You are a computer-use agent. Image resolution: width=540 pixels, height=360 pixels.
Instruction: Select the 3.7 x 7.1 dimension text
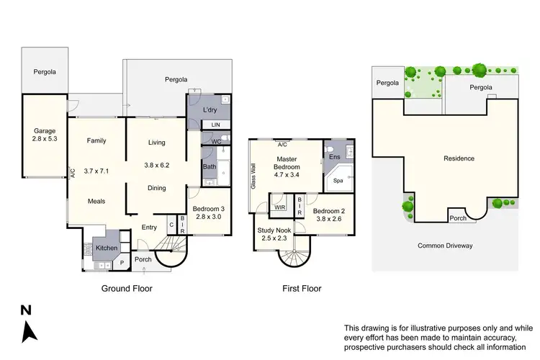(96, 171)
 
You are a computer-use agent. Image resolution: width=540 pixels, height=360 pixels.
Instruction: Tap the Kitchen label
(107, 248)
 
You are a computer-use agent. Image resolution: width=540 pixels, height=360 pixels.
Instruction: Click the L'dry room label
(210, 110)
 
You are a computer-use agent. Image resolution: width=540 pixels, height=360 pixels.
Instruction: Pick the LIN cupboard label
(215, 125)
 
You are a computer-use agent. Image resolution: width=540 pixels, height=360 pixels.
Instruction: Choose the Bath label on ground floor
(210, 167)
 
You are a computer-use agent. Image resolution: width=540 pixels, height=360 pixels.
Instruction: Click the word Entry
(149, 228)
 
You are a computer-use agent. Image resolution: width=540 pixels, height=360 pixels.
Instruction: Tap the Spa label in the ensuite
(338, 181)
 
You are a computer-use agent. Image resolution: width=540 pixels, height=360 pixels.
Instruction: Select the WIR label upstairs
(279, 207)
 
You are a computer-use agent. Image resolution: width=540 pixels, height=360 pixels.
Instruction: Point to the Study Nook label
(274, 230)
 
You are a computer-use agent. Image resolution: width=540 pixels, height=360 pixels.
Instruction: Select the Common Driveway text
(445, 246)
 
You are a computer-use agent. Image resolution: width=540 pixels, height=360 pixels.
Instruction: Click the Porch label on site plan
(457, 218)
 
